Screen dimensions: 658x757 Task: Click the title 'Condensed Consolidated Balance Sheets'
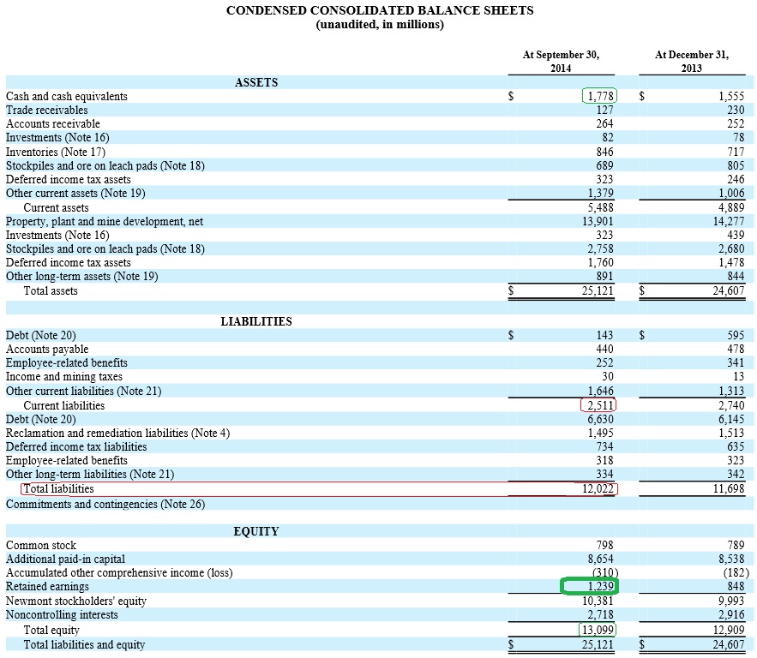click(x=379, y=10)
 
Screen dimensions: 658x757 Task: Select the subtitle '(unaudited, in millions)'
click(x=379, y=25)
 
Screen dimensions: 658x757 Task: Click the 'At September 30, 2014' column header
click(x=561, y=61)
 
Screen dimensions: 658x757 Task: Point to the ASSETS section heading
click(x=256, y=82)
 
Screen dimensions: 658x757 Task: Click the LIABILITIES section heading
click(x=256, y=321)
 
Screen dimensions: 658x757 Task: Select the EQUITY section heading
click(x=256, y=531)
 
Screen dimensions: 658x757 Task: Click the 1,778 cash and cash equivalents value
click(x=599, y=96)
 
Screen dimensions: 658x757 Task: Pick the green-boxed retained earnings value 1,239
click(x=590, y=587)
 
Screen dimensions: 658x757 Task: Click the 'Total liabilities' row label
click(x=58, y=489)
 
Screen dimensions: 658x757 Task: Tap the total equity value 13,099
click(x=598, y=630)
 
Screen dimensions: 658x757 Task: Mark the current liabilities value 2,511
click(x=598, y=405)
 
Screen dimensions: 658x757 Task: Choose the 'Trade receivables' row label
click(x=47, y=110)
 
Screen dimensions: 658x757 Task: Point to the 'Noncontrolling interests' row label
click(x=62, y=614)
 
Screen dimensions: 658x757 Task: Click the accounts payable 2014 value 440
click(x=604, y=349)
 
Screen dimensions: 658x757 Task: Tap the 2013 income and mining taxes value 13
click(x=738, y=377)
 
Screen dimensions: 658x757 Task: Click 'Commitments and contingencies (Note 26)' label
click(x=105, y=504)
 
